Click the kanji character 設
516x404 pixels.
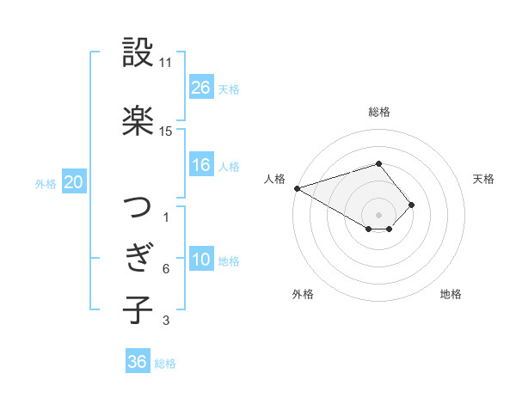click(x=138, y=53)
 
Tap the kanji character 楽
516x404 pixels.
click(x=138, y=121)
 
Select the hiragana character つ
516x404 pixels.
click(x=138, y=208)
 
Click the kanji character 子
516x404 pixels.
click(x=138, y=309)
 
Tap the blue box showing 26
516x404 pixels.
click(x=201, y=87)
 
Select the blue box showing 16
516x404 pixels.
click(x=201, y=165)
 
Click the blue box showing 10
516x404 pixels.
click(x=201, y=260)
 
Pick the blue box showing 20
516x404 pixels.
click(x=74, y=182)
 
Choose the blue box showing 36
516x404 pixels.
click(x=138, y=362)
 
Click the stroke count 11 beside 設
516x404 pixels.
click(x=166, y=63)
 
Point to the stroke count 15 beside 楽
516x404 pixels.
click(x=166, y=132)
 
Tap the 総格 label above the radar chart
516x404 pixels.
click(x=378, y=112)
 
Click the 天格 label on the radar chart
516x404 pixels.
click(x=483, y=179)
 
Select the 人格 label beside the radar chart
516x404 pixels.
click(x=275, y=179)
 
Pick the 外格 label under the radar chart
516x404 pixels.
click(x=303, y=294)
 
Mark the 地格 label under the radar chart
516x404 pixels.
click(x=451, y=294)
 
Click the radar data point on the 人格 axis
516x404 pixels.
click(x=297, y=187)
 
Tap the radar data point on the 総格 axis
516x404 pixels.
click(x=378, y=163)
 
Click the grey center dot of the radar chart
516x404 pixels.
click(x=378, y=214)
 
